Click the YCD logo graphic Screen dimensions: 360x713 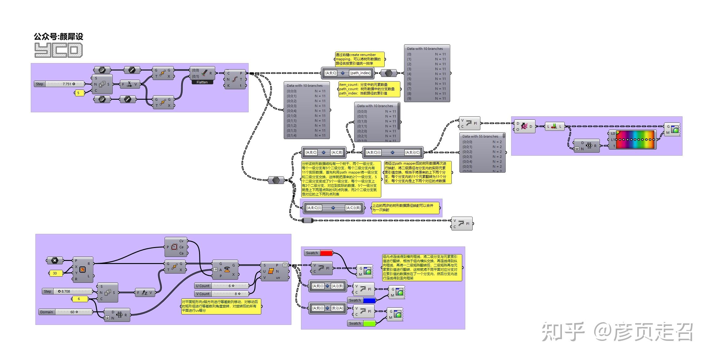(x=58, y=50)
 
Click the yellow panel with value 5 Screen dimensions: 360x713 (x=79, y=93)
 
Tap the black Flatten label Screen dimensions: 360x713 (x=202, y=82)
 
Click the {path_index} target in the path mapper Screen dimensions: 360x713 (x=360, y=73)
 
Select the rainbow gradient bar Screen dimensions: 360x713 (x=635, y=140)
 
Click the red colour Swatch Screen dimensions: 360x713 (x=326, y=253)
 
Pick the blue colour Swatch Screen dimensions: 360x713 (x=369, y=300)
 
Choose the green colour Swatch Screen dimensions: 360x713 (x=369, y=323)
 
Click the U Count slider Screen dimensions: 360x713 (x=222, y=286)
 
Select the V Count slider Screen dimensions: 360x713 (x=222, y=294)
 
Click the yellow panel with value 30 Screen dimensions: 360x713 (x=55, y=273)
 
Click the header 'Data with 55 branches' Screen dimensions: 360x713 (x=480, y=136)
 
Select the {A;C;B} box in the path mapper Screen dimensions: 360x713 (x=337, y=152)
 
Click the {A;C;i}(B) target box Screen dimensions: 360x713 (x=353, y=208)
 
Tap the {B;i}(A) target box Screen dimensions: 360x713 (x=337, y=308)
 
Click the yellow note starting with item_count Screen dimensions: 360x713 (x=369, y=89)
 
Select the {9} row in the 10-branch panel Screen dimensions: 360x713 (x=427, y=98)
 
